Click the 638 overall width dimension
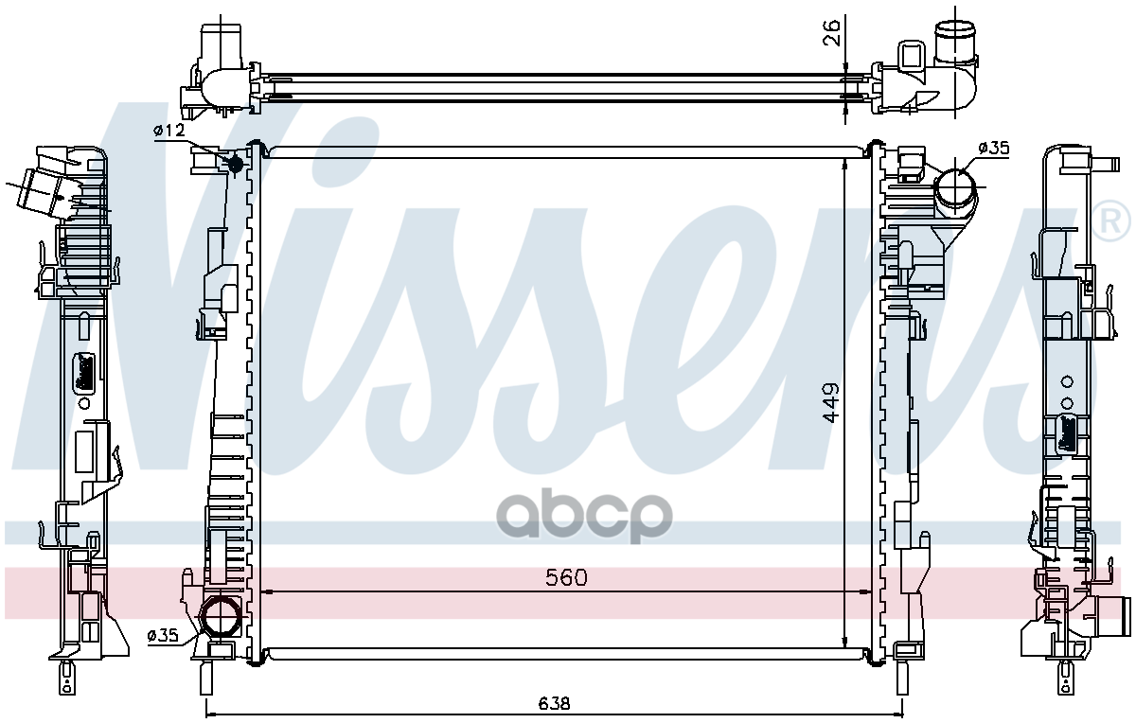coord(555,703)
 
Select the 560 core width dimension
coord(566,577)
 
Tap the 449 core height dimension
coord(831,402)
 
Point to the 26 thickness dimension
coord(831,32)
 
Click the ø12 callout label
coord(169,131)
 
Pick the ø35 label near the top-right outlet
coord(994,148)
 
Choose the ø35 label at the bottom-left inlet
coord(163,635)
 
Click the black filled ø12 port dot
coord(236,164)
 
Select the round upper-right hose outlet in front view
coord(955,186)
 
